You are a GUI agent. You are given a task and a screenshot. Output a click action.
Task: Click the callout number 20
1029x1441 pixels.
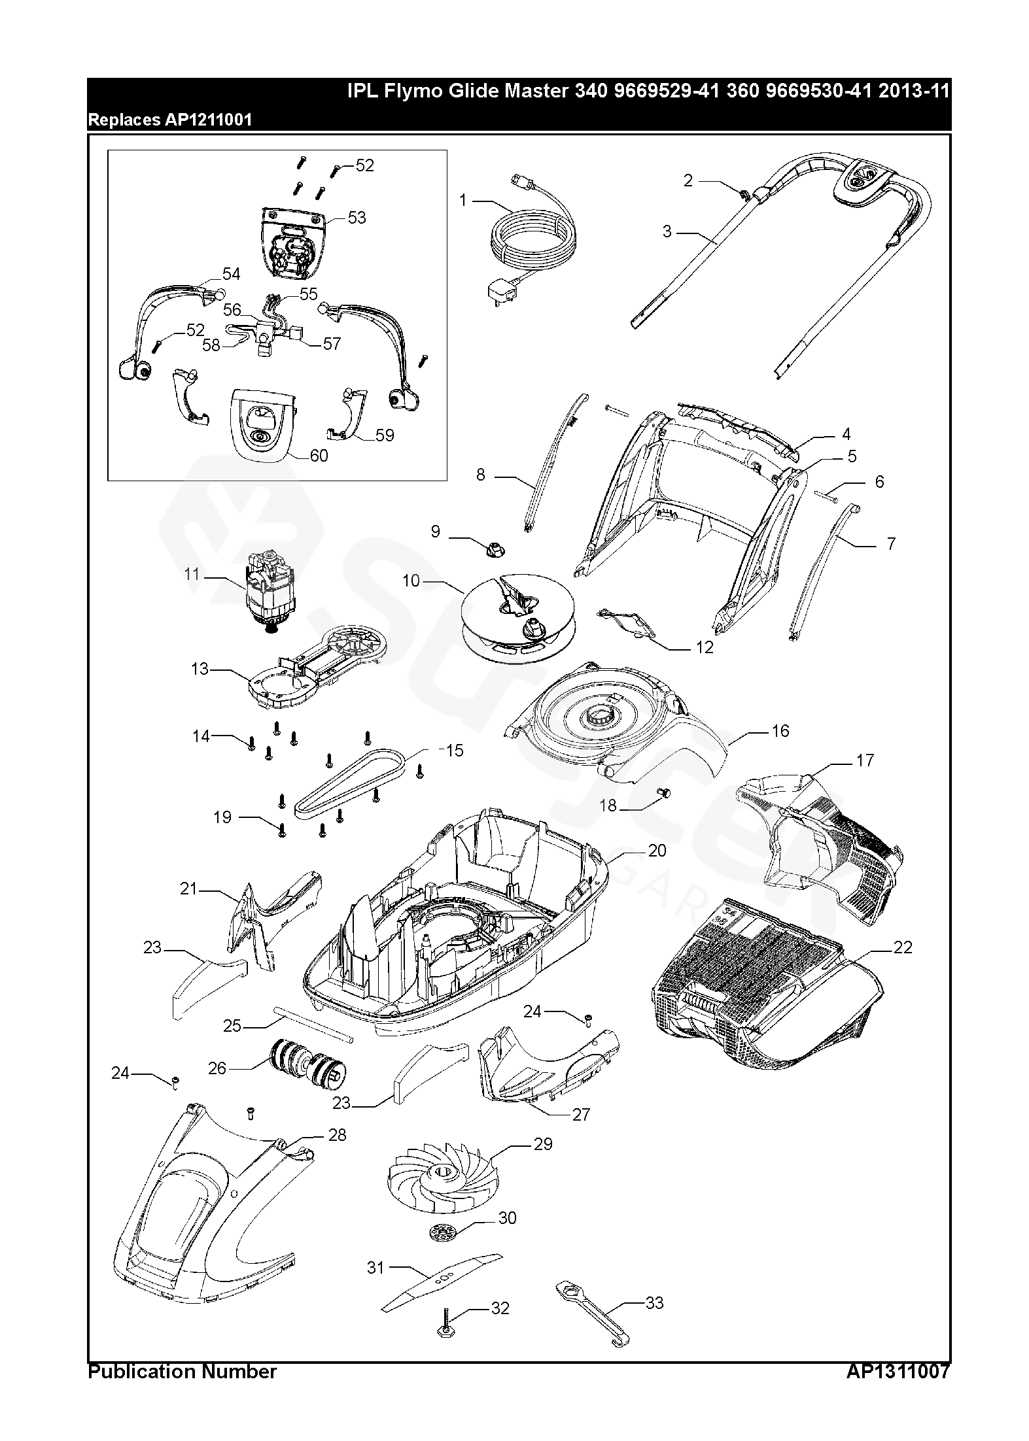point(657,850)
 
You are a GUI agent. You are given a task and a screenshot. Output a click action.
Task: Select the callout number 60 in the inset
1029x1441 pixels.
point(319,456)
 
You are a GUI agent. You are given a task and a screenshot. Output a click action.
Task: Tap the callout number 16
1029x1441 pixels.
point(780,730)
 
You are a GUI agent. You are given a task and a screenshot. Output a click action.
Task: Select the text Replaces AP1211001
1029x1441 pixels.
point(170,120)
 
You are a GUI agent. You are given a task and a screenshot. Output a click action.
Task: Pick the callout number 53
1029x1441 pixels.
point(357,217)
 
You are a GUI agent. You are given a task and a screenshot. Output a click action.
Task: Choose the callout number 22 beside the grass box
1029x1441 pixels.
point(903,947)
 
